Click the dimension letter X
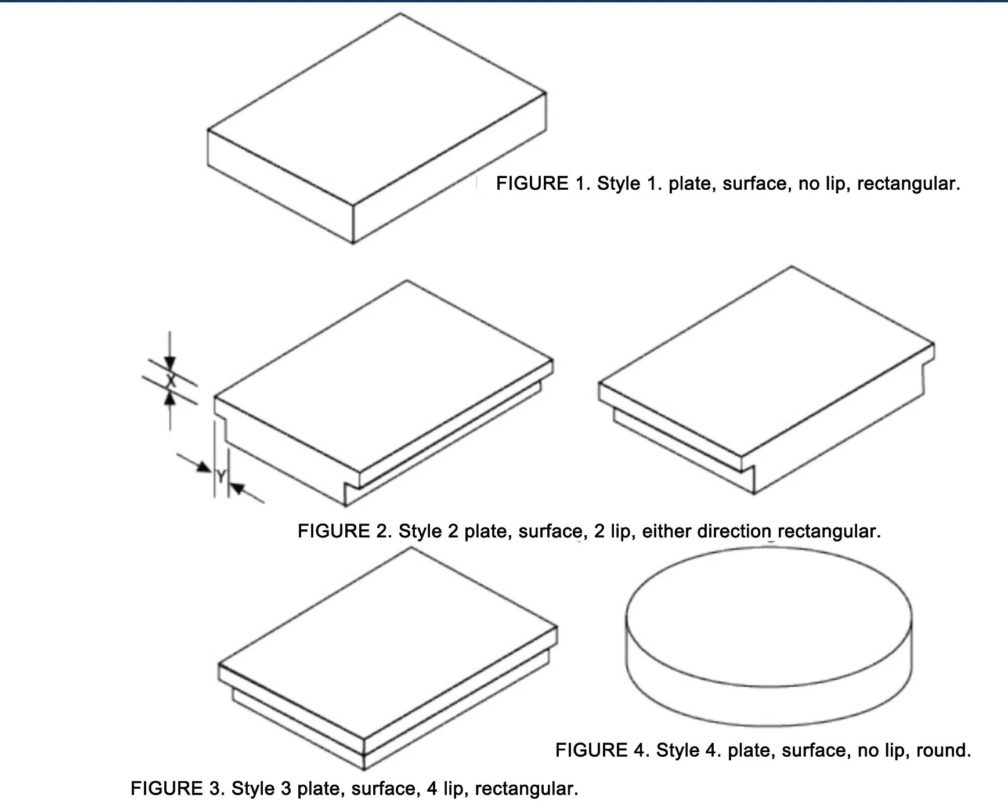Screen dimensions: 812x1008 (x=170, y=381)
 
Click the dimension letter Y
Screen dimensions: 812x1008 (x=221, y=477)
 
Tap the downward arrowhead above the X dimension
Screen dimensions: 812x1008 (x=169, y=363)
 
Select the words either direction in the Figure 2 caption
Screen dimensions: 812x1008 (x=706, y=532)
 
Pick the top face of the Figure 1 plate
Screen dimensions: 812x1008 (x=377, y=110)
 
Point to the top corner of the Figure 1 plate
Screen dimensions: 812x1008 (x=400, y=15)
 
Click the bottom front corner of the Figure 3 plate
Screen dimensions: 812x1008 (x=364, y=768)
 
